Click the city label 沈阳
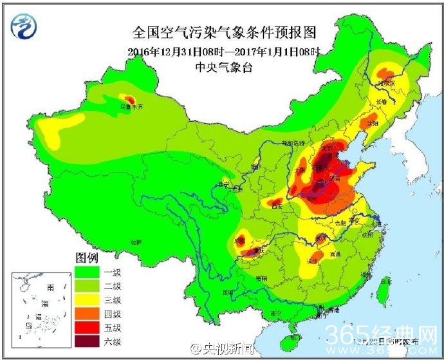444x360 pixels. (373, 122)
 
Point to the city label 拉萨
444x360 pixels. (135, 242)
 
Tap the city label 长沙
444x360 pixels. (313, 261)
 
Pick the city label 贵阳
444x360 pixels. (260, 279)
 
